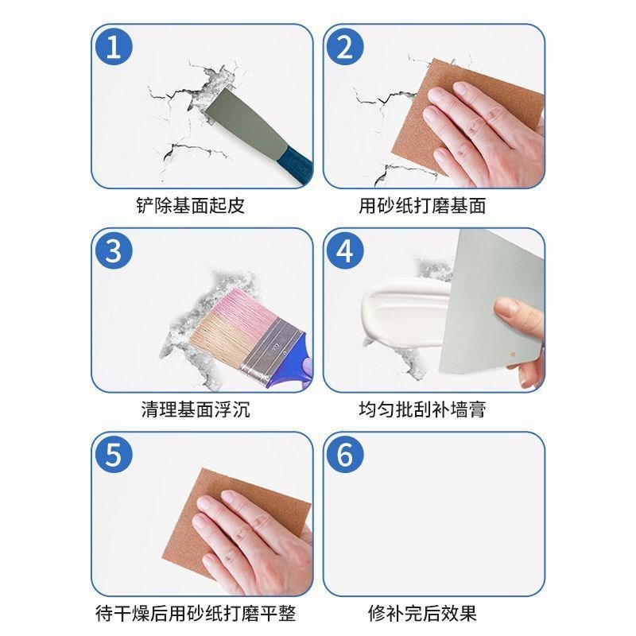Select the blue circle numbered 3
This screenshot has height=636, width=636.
click(x=114, y=252)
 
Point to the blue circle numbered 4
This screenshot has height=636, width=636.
click(x=345, y=252)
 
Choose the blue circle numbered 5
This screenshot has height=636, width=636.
click(x=114, y=456)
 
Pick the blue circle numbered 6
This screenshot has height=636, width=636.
click(x=345, y=456)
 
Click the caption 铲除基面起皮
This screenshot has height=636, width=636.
click(x=191, y=206)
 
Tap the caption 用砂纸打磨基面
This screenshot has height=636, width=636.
click(x=422, y=206)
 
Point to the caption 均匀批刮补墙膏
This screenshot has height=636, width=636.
click(x=422, y=410)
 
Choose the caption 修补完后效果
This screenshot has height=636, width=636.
click(x=422, y=614)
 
